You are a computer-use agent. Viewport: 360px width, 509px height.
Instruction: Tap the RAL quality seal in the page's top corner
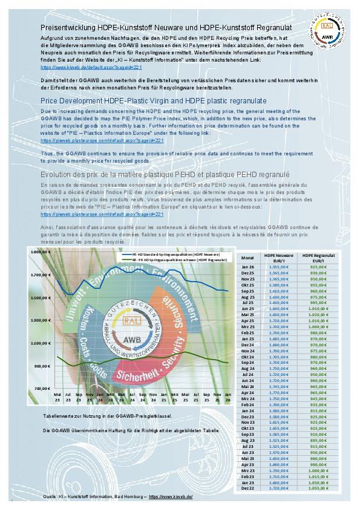point(327,31)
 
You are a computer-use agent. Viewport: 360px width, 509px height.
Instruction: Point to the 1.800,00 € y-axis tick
point(38,252)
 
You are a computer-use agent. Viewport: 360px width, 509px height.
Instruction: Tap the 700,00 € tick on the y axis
point(40,389)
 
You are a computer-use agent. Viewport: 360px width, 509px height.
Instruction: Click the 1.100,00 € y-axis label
point(38,343)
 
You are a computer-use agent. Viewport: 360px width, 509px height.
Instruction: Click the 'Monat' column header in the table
point(247,257)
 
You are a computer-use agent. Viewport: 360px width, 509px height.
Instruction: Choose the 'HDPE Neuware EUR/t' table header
point(279,257)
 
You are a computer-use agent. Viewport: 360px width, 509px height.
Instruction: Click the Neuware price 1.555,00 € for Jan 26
point(279,266)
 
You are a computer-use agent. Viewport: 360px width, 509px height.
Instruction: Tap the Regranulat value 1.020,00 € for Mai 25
point(319,315)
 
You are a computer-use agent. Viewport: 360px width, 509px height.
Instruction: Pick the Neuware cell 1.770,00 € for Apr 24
point(279,394)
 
